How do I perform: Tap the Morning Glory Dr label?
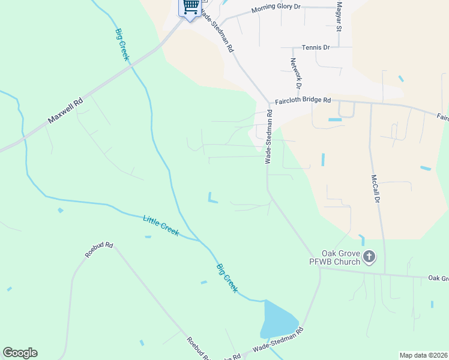[276, 9]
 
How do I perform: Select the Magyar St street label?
[339, 16]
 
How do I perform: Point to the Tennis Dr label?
[316, 47]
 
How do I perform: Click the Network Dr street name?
[295, 73]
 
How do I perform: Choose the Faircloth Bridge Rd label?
[303, 101]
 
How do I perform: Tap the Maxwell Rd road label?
[66, 111]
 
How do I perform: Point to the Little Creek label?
[161, 226]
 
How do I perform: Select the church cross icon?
[369, 257]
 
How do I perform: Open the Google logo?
[20, 353]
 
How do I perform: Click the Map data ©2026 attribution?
[423, 355]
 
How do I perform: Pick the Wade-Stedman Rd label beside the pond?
[278, 340]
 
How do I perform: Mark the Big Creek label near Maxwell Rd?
[122, 43]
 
